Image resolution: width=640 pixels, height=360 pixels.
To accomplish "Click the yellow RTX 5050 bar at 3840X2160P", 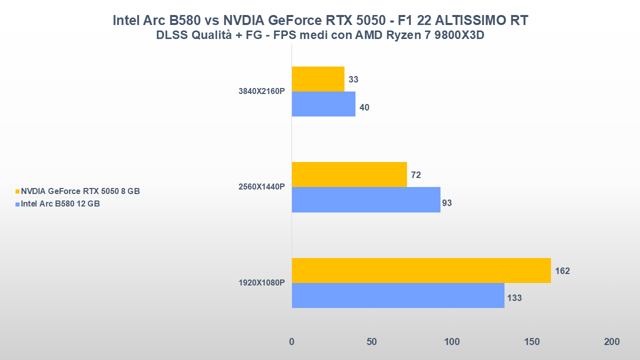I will coord(318,79).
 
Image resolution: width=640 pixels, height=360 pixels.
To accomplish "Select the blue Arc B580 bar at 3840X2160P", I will coord(323,104).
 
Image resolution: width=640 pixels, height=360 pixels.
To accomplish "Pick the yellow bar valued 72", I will coord(349,174).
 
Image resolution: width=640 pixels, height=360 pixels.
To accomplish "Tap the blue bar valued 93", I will coord(366,199).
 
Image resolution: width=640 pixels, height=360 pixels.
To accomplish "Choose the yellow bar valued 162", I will coord(421,270).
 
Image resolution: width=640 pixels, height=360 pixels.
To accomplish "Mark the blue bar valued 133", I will coord(398,295).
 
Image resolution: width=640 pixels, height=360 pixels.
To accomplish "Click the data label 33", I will coord(353,79).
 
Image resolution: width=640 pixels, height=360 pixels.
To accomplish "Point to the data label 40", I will coord(364,107).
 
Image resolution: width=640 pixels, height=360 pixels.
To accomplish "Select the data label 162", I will coord(562,271).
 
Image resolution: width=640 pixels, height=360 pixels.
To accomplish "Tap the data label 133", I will coord(514,298).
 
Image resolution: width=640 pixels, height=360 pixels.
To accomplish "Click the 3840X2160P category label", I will coord(262,91).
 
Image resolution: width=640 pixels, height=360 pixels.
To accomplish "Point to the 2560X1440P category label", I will coord(262,187).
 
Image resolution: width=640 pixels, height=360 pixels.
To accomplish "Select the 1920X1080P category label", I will coord(262,282).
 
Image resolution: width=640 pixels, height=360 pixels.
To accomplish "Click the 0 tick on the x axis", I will coord(292,342).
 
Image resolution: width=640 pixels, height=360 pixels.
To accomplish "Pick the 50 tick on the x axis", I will coord(371,342).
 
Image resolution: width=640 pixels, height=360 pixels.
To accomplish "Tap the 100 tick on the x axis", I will coord(451,342).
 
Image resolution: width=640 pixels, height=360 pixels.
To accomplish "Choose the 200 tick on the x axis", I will coord(611,342).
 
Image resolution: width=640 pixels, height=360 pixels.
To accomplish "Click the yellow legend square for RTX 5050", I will coord(17,191).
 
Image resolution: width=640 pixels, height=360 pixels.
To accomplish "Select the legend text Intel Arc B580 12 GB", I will coord(60,204).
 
